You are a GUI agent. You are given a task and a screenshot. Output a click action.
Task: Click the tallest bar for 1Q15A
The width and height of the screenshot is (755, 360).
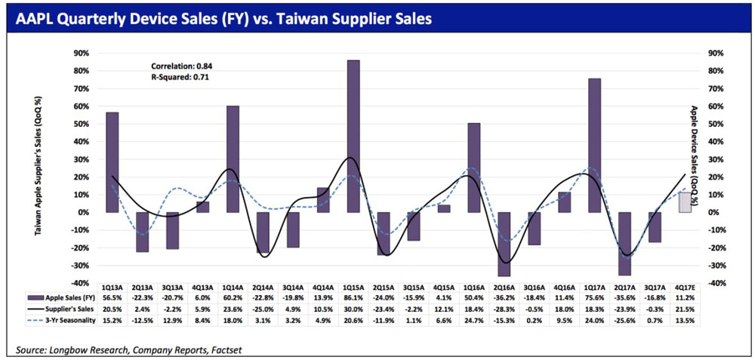(353, 136)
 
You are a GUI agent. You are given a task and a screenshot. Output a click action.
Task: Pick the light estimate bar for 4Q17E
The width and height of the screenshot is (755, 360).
(685, 202)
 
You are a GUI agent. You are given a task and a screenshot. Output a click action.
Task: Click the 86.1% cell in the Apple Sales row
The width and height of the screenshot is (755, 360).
(353, 298)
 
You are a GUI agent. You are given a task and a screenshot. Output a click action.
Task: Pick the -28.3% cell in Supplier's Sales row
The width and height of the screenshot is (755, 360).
(504, 310)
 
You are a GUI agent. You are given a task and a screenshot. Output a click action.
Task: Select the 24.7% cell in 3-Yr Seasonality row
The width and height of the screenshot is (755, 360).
(474, 322)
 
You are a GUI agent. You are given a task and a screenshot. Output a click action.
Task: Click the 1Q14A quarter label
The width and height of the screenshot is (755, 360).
(233, 288)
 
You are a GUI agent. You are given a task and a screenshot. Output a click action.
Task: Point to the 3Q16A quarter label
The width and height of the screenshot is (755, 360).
(535, 288)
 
